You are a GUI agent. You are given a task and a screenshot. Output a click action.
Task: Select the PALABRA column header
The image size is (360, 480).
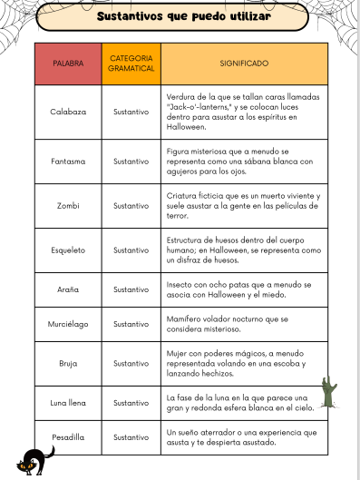coord(68,64)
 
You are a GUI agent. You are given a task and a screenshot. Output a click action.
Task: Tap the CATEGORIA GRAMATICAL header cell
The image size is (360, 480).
coord(131,64)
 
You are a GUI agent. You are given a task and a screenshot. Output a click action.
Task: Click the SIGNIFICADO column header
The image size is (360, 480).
coord(244,64)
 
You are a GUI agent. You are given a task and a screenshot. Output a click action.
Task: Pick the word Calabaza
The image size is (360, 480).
coord(68,112)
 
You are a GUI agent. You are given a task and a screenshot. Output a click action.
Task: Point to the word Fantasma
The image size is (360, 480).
coord(68,161)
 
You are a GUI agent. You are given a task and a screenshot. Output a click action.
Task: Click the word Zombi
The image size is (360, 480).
coord(68,206)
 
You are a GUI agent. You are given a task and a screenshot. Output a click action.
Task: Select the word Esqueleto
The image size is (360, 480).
coord(68,250)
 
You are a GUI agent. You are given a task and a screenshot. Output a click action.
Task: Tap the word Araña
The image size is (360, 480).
coord(68,289)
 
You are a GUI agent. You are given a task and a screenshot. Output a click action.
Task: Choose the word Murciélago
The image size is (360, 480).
coord(68,324)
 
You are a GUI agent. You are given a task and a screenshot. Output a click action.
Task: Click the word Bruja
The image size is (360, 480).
coord(68,362)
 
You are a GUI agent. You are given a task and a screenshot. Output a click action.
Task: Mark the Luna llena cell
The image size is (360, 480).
coord(68,402)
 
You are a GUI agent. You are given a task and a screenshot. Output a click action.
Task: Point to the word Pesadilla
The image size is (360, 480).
coord(68,437)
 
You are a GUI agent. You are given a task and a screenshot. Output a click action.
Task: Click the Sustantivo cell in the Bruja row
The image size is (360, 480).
coord(131,362)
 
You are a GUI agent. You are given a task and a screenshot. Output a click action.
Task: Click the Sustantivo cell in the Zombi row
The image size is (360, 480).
coord(131,206)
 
